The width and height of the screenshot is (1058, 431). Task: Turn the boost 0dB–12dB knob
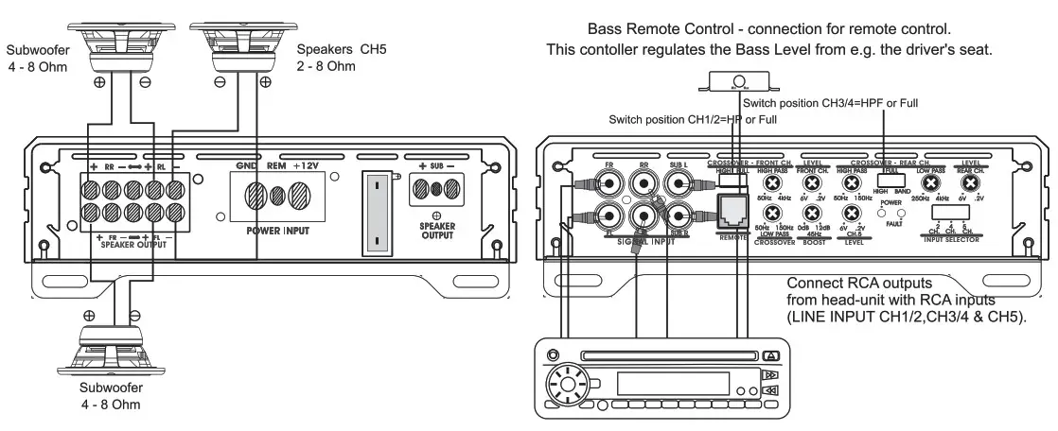click(x=812, y=214)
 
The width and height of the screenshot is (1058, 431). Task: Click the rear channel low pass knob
click(x=931, y=183)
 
